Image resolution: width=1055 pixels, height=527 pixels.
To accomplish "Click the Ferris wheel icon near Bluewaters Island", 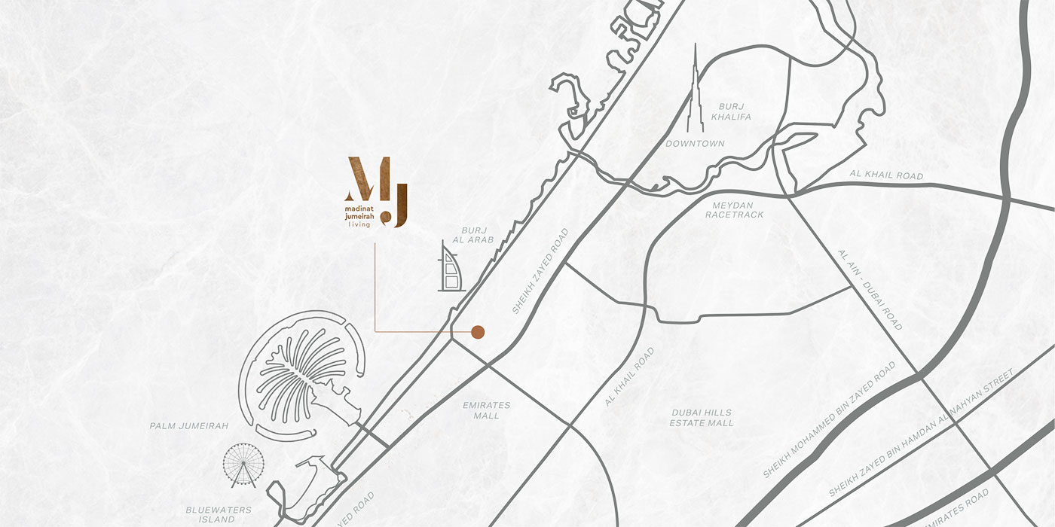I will pyautogui.click(x=243, y=464).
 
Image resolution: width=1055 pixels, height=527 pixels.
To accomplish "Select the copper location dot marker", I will pyautogui.click(x=478, y=331).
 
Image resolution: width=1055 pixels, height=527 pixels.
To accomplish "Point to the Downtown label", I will pyautogui.click(x=695, y=143).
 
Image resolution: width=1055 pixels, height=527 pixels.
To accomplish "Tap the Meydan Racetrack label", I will pyautogui.click(x=734, y=209).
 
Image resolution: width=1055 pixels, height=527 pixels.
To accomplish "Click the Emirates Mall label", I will pyautogui.click(x=486, y=410).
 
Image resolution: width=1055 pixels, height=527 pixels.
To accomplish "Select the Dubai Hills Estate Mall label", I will pyautogui.click(x=702, y=418).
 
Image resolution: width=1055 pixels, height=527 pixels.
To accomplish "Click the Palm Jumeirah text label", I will pyautogui.click(x=188, y=426).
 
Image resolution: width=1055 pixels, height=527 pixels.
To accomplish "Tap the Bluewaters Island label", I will pyautogui.click(x=219, y=514).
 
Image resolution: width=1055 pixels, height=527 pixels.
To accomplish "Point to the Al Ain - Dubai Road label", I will pyautogui.click(x=870, y=290).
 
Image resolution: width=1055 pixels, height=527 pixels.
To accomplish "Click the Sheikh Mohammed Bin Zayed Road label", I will pyautogui.click(x=829, y=419).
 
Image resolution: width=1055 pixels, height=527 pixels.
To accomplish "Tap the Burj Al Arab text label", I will pyautogui.click(x=478, y=234).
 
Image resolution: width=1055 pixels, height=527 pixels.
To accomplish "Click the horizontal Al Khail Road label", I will pyautogui.click(x=885, y=175).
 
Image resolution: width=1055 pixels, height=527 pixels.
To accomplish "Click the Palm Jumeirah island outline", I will pyautogui.click(x=301, y=373).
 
